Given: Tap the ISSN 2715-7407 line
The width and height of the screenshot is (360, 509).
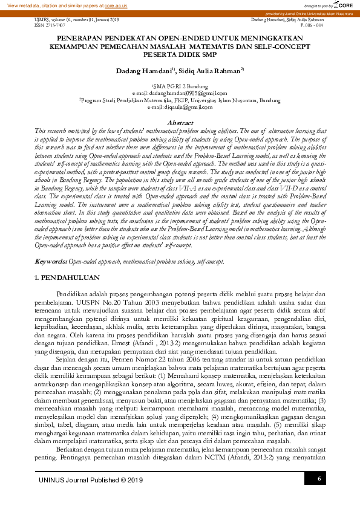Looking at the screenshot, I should pos(42,25).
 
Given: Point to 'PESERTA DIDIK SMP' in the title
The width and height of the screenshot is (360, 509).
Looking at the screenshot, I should pos(180,53).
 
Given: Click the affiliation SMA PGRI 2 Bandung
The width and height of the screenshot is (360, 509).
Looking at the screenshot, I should pos(180,87).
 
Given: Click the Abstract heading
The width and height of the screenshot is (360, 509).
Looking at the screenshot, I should pos(180,123).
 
